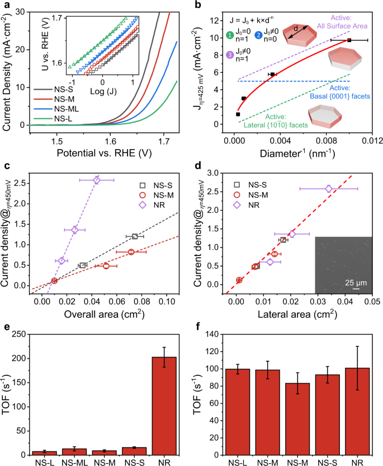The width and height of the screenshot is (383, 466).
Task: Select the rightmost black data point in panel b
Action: point(349,40)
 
